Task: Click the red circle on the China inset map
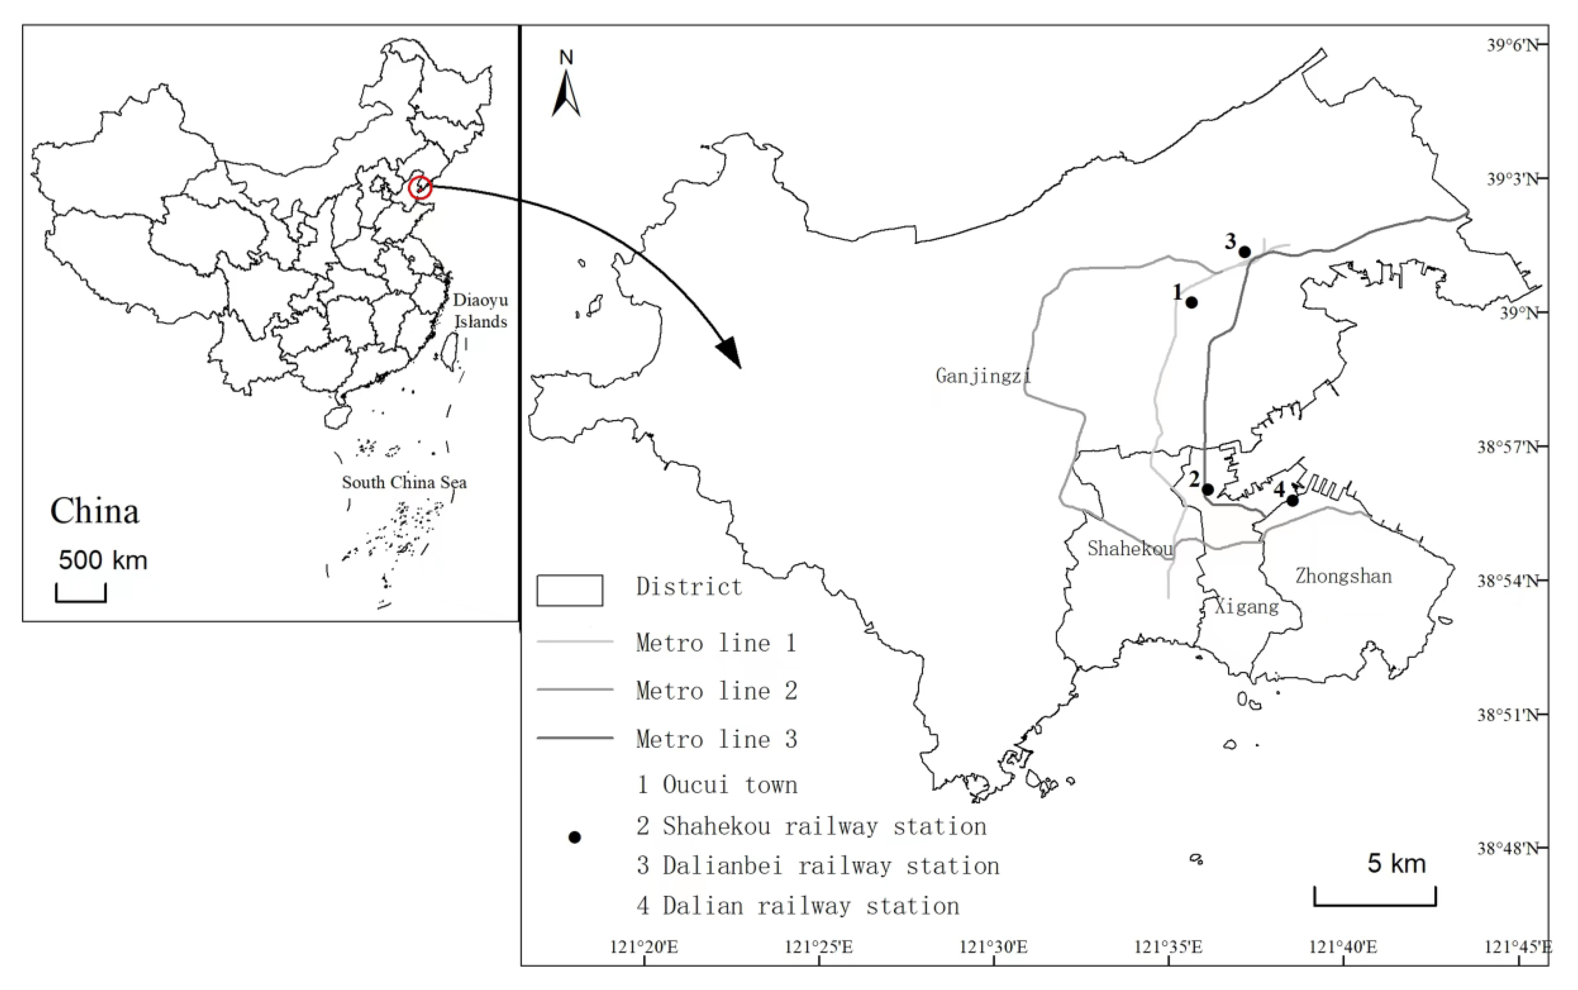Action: (x=420, y=188)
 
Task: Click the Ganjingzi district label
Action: (x=983, y=376)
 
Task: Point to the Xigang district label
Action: (x=1247, y=606)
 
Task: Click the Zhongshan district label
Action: (x=1343, y=576)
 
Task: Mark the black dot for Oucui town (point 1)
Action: (x=1191, y=302)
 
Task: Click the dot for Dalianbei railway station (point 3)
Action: (x=1245, y=252)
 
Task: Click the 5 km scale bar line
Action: (x=1374, y=904)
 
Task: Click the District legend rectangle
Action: (x=569, y=591)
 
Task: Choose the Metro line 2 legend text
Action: (x=716, y=691)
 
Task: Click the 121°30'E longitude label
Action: (x=993, y=947)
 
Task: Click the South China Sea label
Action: (x=404, y=482)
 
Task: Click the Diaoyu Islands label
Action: (x=480, y=310)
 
